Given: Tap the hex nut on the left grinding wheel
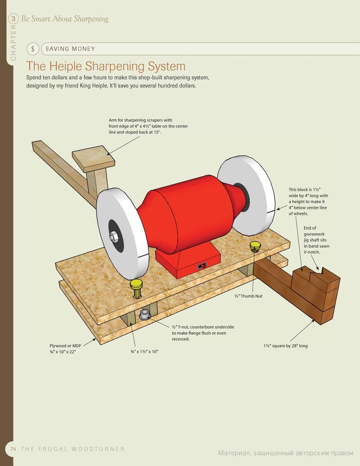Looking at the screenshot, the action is click(113, 237).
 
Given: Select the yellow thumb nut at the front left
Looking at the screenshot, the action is click(136, 288).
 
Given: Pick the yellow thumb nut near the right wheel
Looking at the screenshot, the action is click(255, 247).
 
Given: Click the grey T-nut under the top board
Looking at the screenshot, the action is click(144, 314).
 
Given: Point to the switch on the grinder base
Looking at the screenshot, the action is click(202, 266).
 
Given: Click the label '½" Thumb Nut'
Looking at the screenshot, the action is click(248, 296).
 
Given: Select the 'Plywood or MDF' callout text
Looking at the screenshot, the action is click(65, 348).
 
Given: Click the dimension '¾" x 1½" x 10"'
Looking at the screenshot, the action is click(144, 352).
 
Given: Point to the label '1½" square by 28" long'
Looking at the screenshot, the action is click(285, 346).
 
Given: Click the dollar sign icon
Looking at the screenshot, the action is click(33, 49).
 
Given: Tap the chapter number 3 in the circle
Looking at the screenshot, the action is click(13, 19).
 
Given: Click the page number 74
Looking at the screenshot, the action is click(13, 449).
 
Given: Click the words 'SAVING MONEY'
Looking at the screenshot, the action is click(70, 49).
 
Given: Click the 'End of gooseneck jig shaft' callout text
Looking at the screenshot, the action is click(316, 240).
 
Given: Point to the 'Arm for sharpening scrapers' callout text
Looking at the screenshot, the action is click(148, 127).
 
